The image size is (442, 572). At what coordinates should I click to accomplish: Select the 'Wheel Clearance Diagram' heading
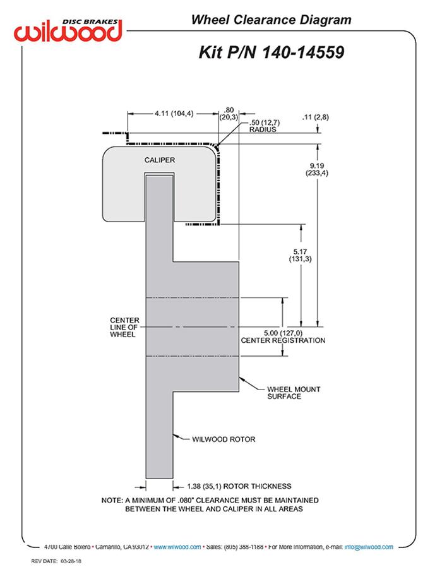(x=271, y=20)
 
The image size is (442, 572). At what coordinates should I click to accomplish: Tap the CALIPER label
(x=159, y=160)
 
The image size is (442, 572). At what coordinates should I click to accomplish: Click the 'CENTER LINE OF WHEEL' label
(x=124, y=328)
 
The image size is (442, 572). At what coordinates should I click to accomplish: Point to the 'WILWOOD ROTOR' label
(x=224, y=439)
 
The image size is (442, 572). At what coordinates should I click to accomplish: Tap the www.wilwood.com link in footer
(x=177, y=547)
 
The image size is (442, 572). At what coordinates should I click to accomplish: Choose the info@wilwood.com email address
(x=369, y=547)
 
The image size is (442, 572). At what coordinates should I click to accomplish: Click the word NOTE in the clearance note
(x=112, y=500)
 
